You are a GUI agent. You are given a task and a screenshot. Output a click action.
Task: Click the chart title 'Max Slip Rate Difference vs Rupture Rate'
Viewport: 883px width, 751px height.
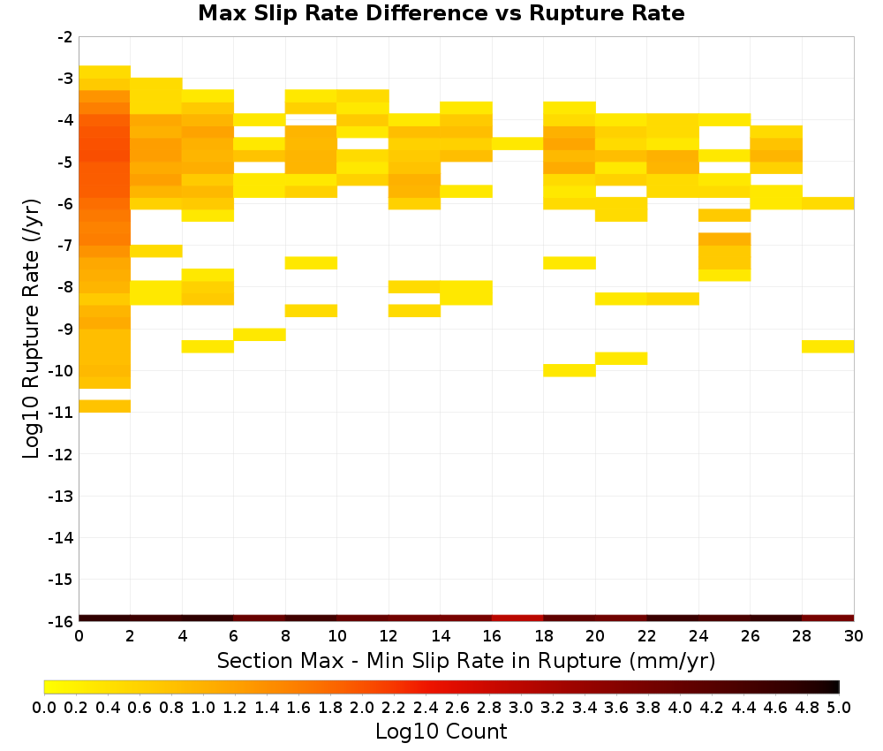coord(441,13)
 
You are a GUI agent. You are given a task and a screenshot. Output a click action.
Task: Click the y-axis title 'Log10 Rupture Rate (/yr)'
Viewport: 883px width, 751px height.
coord(31,328)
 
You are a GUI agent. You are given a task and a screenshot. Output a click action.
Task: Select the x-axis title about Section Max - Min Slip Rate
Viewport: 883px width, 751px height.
coord(465,660)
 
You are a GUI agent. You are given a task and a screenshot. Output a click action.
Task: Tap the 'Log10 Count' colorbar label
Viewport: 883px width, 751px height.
coord(441,732)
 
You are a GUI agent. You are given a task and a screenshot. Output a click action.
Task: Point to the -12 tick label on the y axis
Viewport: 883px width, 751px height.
coord(60,454)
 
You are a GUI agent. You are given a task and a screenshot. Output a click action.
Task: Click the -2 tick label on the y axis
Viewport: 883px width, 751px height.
coord(64,37)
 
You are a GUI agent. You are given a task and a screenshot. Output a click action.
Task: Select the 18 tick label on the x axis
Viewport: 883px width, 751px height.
coord(543,636)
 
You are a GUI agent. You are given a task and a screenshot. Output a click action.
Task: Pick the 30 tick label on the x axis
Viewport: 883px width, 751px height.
coord(854,636)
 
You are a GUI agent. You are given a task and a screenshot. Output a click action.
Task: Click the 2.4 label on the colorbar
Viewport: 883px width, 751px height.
coord(426,707)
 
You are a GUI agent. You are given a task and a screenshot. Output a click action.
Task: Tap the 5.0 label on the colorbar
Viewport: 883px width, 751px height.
coord(839,707)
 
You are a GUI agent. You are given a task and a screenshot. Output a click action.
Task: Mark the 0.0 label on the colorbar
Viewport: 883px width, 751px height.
coord(44,707)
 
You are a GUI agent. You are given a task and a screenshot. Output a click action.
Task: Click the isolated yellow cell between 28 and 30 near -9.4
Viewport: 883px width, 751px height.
coord(828,346)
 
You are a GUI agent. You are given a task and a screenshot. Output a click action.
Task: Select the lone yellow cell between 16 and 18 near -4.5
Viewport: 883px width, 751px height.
coord(517,144)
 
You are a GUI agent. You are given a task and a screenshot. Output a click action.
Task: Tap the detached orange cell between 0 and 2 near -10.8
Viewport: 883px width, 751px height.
coord(105,406)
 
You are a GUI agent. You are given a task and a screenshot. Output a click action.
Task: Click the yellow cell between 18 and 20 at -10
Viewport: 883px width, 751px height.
coord(570,370)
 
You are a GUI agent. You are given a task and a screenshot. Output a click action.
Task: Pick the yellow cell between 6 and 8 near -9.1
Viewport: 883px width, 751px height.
coord(260,334)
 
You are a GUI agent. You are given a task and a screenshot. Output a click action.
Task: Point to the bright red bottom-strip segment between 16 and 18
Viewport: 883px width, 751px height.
coord(517,618)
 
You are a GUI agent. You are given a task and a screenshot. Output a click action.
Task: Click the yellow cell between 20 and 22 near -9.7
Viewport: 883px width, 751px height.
coord(621,359)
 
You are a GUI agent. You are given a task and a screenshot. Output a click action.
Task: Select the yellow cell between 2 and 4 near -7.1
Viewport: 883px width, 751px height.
coord(156,251)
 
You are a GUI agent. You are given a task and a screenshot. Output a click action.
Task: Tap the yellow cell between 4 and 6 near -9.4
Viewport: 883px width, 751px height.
coord(208,346)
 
